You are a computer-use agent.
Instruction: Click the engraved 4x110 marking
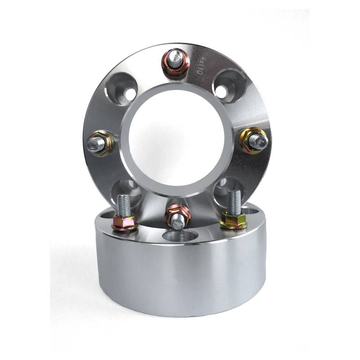tap(199, 65)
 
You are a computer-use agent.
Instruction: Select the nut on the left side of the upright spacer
tap(100, 144)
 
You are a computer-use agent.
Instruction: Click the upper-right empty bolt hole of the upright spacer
tap(227, 86)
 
